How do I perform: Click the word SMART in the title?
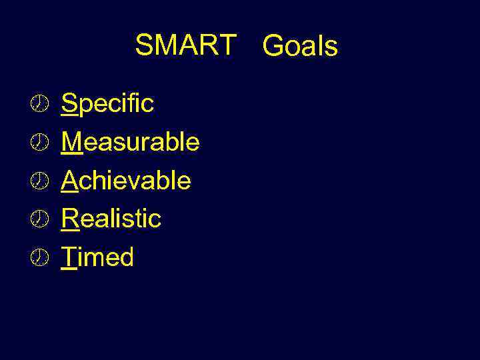pyautogui.click(x=185, y=45)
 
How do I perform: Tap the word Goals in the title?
pyautogui.click(x=300, y=47)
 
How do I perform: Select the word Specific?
pyautogui.click(x=107, y=103)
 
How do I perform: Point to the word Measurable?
pyautogui.click(x=131, y=141)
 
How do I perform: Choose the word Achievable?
pyautogui.click(x=126, y=180)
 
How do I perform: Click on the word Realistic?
pyautogui.click(x=111, y=218)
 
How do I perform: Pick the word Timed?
pyautogui.click(x=97, y=257)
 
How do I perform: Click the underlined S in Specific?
pyautogui.click(x=69, y=103)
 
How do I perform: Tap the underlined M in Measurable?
pyautogui.click(x=72, y=141)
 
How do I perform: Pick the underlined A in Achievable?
pyautogui.click(x=70, y=180)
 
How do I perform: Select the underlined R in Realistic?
pyautogui.click(x=70, y=218)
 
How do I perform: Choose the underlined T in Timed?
pyautogui.click(x=69, y=257)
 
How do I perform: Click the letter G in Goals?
pyautogui.click(x=273, y=47)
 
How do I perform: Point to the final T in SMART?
pyautogui.click(x=227, y=45)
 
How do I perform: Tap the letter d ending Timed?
pyautogui.click(x=127, y=257)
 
